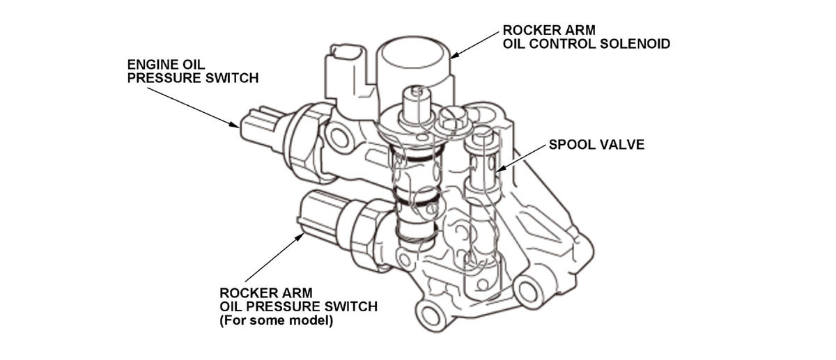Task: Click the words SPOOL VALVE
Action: (x=596, y=145)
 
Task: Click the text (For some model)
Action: (x=277, y=321)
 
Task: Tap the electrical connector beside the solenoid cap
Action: (x=346, y=70)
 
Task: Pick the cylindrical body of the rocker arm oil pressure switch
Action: (x=324, y=212)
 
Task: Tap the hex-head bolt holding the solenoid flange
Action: (x=449, y=123)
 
